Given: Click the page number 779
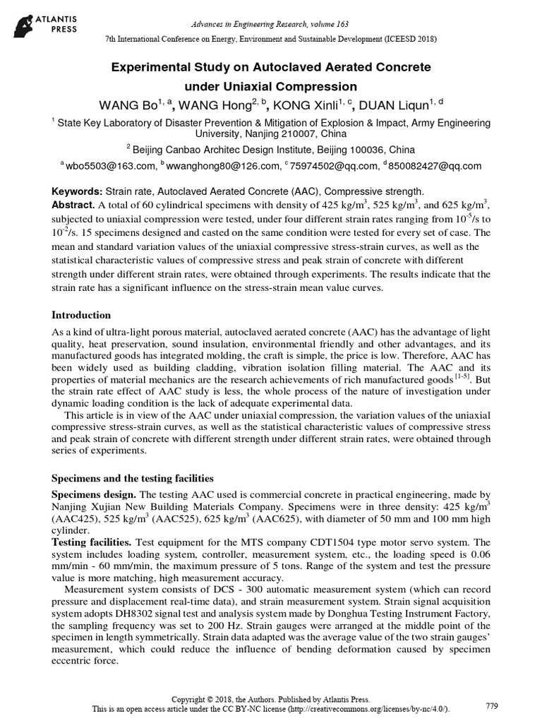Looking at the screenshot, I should (x=493, y=705).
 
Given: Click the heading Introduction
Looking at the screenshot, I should (x=82, y=315).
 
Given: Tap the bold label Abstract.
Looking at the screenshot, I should (x=74, y=205).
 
